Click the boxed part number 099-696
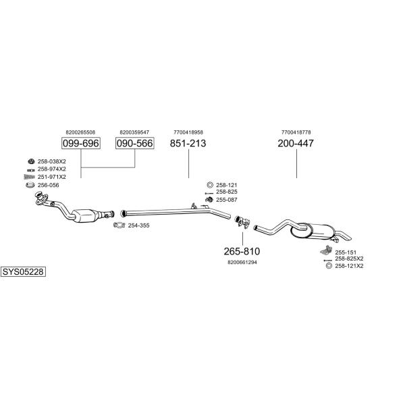(81, 143)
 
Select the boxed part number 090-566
(134, 143)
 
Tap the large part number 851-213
(188, 143)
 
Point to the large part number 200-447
(296, 143)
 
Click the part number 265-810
(242, 251)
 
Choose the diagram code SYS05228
(23, 272)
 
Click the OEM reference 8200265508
(80, 132)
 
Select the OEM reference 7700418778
(296, 132)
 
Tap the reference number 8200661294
(242, 262)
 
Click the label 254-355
(138, 225)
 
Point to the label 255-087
(227, 200)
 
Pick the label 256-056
(49, 185)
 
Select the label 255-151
(346, 252)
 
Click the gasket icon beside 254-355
(119, 225)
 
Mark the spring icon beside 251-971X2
(30, 177)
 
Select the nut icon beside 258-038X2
(31, 161)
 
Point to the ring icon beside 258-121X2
(329, 266)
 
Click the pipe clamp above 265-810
(242, 222)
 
